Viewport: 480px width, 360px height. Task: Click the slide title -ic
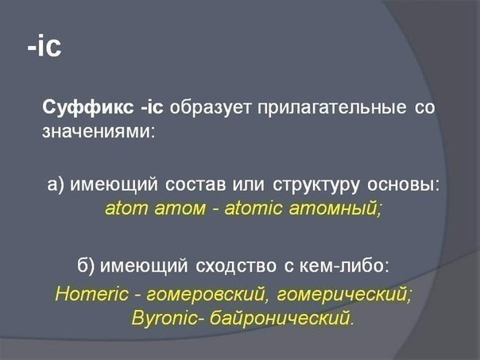tap(45, 47)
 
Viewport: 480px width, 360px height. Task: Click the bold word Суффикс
tap(88, 108)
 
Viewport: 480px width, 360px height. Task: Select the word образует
tap(211, 108)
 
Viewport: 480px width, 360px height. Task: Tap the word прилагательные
tap(332, 108)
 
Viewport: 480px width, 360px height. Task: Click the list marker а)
tap(56, 184)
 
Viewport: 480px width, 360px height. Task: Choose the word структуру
tap(315, 185)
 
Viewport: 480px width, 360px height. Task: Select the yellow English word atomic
tap(254, 208)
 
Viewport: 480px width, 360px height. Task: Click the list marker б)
tap(87, 265)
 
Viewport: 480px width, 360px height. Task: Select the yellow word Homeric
tap(92, 294)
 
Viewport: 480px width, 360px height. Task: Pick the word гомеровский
tap(206, 295)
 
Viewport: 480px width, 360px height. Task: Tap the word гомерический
tap(343, 295)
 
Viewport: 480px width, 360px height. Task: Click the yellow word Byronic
tap(165, 317)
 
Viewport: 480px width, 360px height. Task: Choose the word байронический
tap(280, 317)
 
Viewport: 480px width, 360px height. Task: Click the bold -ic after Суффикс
tap(152, 107)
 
